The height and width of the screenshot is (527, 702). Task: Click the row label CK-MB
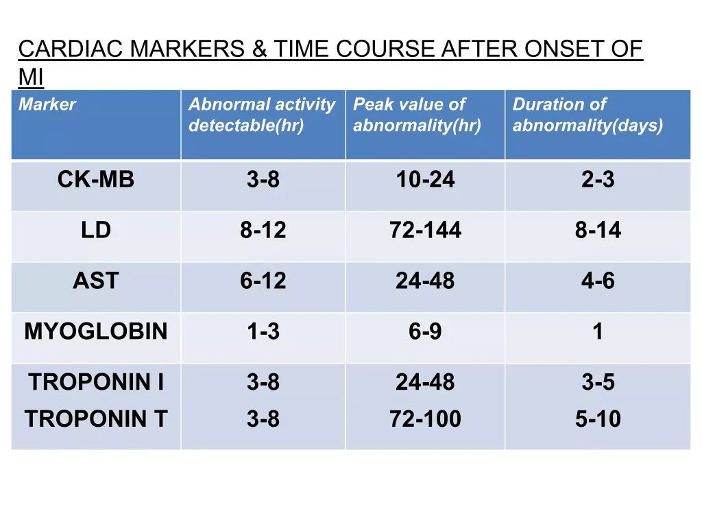[x=96, y=179]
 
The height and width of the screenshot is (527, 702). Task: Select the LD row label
[x=96, y=230]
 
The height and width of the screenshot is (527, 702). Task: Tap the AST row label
[x=96, y=281]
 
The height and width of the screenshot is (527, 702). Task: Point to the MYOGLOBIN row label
[x=96, y=331]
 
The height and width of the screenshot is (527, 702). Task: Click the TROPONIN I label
[x=96, y=382]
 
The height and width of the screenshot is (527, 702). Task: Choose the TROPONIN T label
[x=96, y=419]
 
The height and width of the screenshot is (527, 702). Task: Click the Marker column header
[x=47, y=104]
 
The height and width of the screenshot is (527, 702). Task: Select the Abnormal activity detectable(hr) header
[x=262, y=115]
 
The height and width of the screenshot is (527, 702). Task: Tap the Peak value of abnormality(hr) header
[x=417, y=115]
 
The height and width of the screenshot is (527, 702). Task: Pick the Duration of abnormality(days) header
[x=588, y=115]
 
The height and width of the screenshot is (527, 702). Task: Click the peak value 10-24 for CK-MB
[x=425, y=179]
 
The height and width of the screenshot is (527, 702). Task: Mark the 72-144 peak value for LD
[x=425, y=230]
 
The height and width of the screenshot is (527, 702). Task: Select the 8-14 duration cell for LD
[x=598, y=230]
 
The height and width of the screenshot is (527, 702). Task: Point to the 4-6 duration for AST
[x=598, y=281]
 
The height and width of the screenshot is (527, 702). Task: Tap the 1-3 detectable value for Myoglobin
[x=263, y=331]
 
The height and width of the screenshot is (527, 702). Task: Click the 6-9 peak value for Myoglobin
[x=425, y=331]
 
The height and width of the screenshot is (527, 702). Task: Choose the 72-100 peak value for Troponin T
[x=425, y=419]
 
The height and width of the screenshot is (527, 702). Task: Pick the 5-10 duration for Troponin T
[x=598, y=419]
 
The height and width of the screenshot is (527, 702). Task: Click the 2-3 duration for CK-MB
[x=598, y=179]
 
